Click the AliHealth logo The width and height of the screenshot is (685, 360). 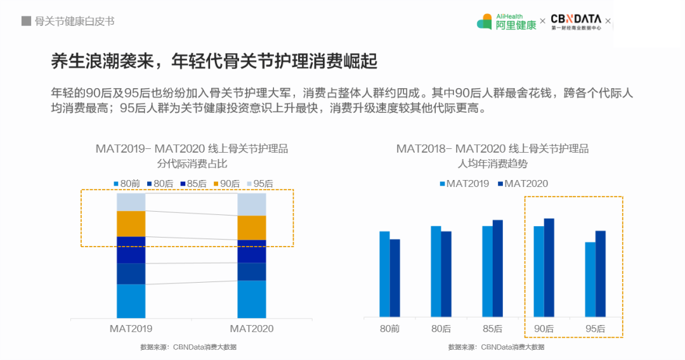point(506,22)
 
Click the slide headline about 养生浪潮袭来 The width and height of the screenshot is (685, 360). point(214,61)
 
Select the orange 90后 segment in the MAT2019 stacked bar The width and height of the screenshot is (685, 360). point(131,223)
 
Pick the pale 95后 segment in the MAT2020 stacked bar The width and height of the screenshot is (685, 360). point(252,204)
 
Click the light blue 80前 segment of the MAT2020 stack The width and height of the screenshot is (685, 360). point(252,299)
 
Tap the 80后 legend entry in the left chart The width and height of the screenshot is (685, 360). point(160,184)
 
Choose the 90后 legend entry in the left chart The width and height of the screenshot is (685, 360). point(226,184)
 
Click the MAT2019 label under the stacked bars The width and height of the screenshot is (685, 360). point(131,328)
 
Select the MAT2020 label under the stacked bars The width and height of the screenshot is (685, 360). point(252,328)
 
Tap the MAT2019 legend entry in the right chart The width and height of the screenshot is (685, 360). point(464,184)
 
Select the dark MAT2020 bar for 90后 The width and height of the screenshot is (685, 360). point(549,267)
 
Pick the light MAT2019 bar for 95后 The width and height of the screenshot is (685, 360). point(590,279)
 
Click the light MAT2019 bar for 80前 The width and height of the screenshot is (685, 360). point(384,274)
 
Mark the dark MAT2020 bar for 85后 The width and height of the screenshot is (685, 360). point(498,268)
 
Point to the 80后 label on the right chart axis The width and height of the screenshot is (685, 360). point(441,328)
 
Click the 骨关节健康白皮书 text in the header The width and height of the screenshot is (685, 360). point(74,21)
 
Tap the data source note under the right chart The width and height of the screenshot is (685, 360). point(496,347)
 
